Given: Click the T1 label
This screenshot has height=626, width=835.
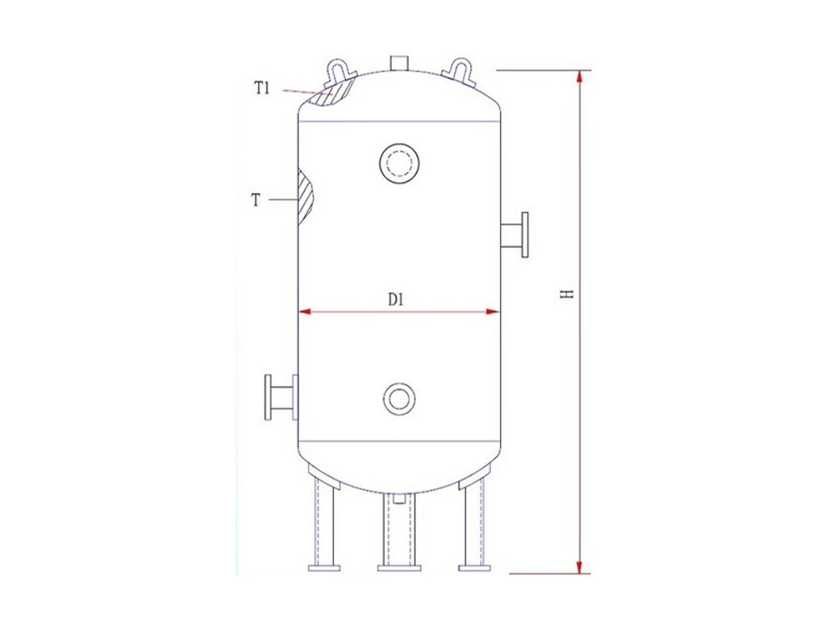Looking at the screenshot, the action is tap(261, 88).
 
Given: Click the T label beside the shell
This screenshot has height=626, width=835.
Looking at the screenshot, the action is tap(256, 200).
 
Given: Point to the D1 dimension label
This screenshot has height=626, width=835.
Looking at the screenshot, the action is tap(395, 300).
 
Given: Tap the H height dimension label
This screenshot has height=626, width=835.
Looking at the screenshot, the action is tap(568, 294).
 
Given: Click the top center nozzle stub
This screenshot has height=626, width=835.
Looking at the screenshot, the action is tap(399, 62).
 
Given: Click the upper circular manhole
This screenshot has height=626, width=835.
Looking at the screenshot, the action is tap(399, 163).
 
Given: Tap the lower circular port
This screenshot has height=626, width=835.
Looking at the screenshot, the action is tap(399, 398).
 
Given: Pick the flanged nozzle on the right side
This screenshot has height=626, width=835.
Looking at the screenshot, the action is tap(515, 235).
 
